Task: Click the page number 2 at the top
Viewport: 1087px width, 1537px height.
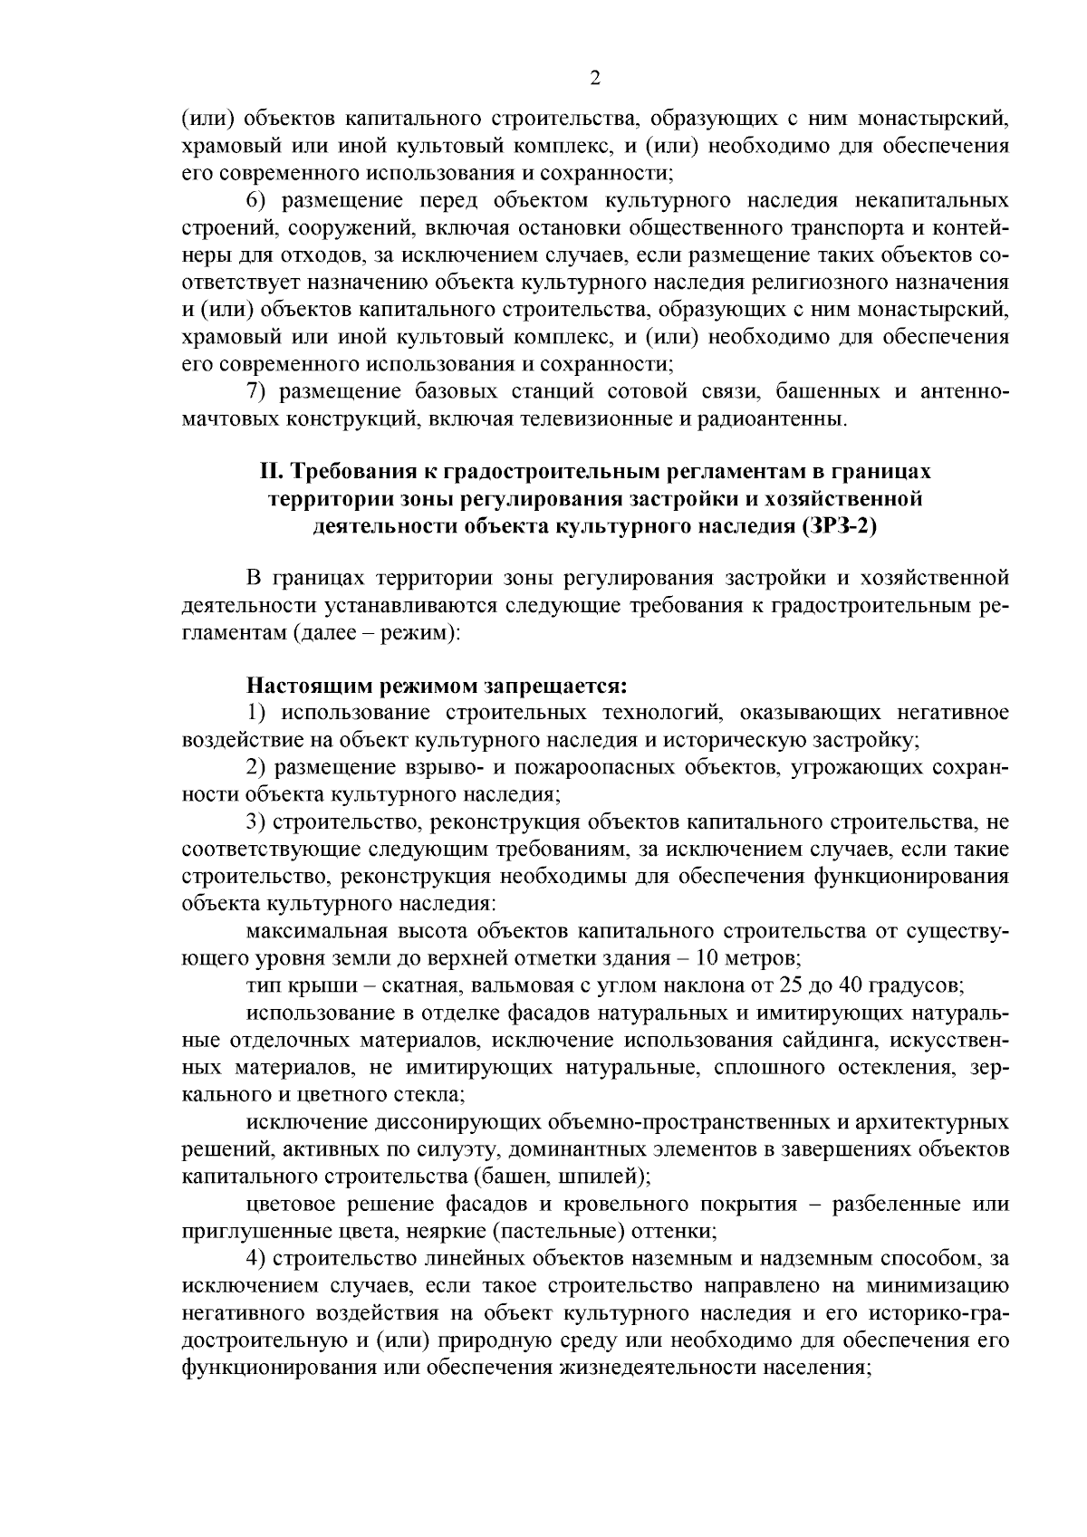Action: [594, 79]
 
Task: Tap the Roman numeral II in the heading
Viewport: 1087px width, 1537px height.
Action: [266, 472]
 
